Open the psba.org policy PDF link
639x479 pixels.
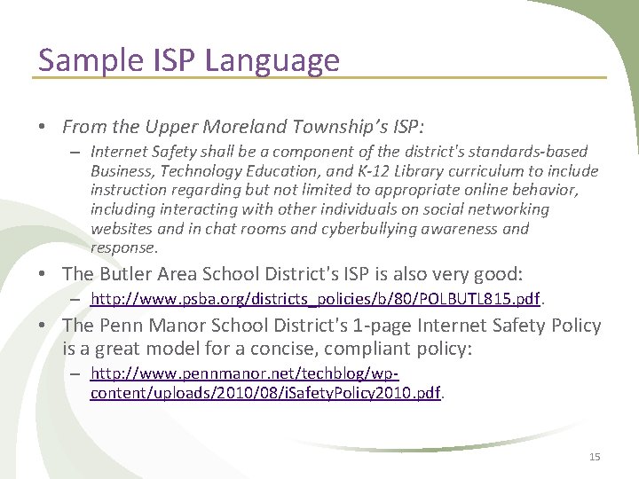(x=316, y=299)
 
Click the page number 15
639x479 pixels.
(x=595, y=456)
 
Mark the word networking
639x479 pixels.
(x=506, y=209)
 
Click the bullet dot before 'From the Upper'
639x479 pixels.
(x=43, y=127)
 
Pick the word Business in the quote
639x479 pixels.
(x=121, y=170)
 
